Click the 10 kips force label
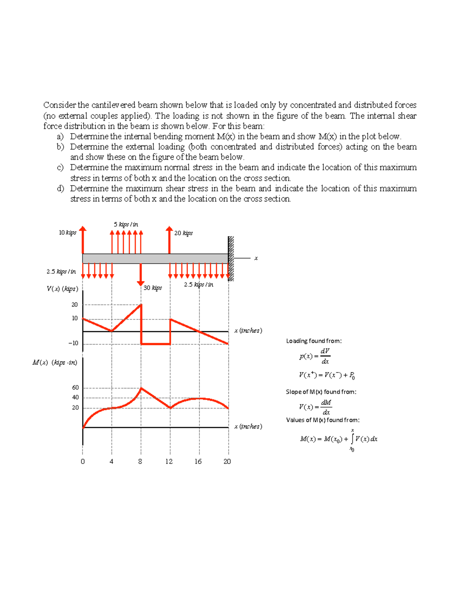tap(67, 233)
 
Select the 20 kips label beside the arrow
tap(183, 233)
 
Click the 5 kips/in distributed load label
tap(126, 225)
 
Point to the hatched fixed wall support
tap(231, 259)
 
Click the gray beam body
tap(155, 259)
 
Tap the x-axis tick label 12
tap(169, 461)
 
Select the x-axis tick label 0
tap(83, 461)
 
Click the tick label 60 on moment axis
tap(76, 388)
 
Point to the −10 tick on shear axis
tap(73, 343)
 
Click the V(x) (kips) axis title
tap(62, 289)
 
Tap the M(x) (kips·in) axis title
tap(55, 363)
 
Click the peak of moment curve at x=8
tap(141, 388)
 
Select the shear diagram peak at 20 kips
tap(141, 305)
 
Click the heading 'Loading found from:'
tap(314, 341)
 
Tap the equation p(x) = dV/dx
tap(314, 356)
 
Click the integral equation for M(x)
tap(339, 439)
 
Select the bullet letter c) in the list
tap(60, 168)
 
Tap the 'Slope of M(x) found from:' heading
tap(321, 392)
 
